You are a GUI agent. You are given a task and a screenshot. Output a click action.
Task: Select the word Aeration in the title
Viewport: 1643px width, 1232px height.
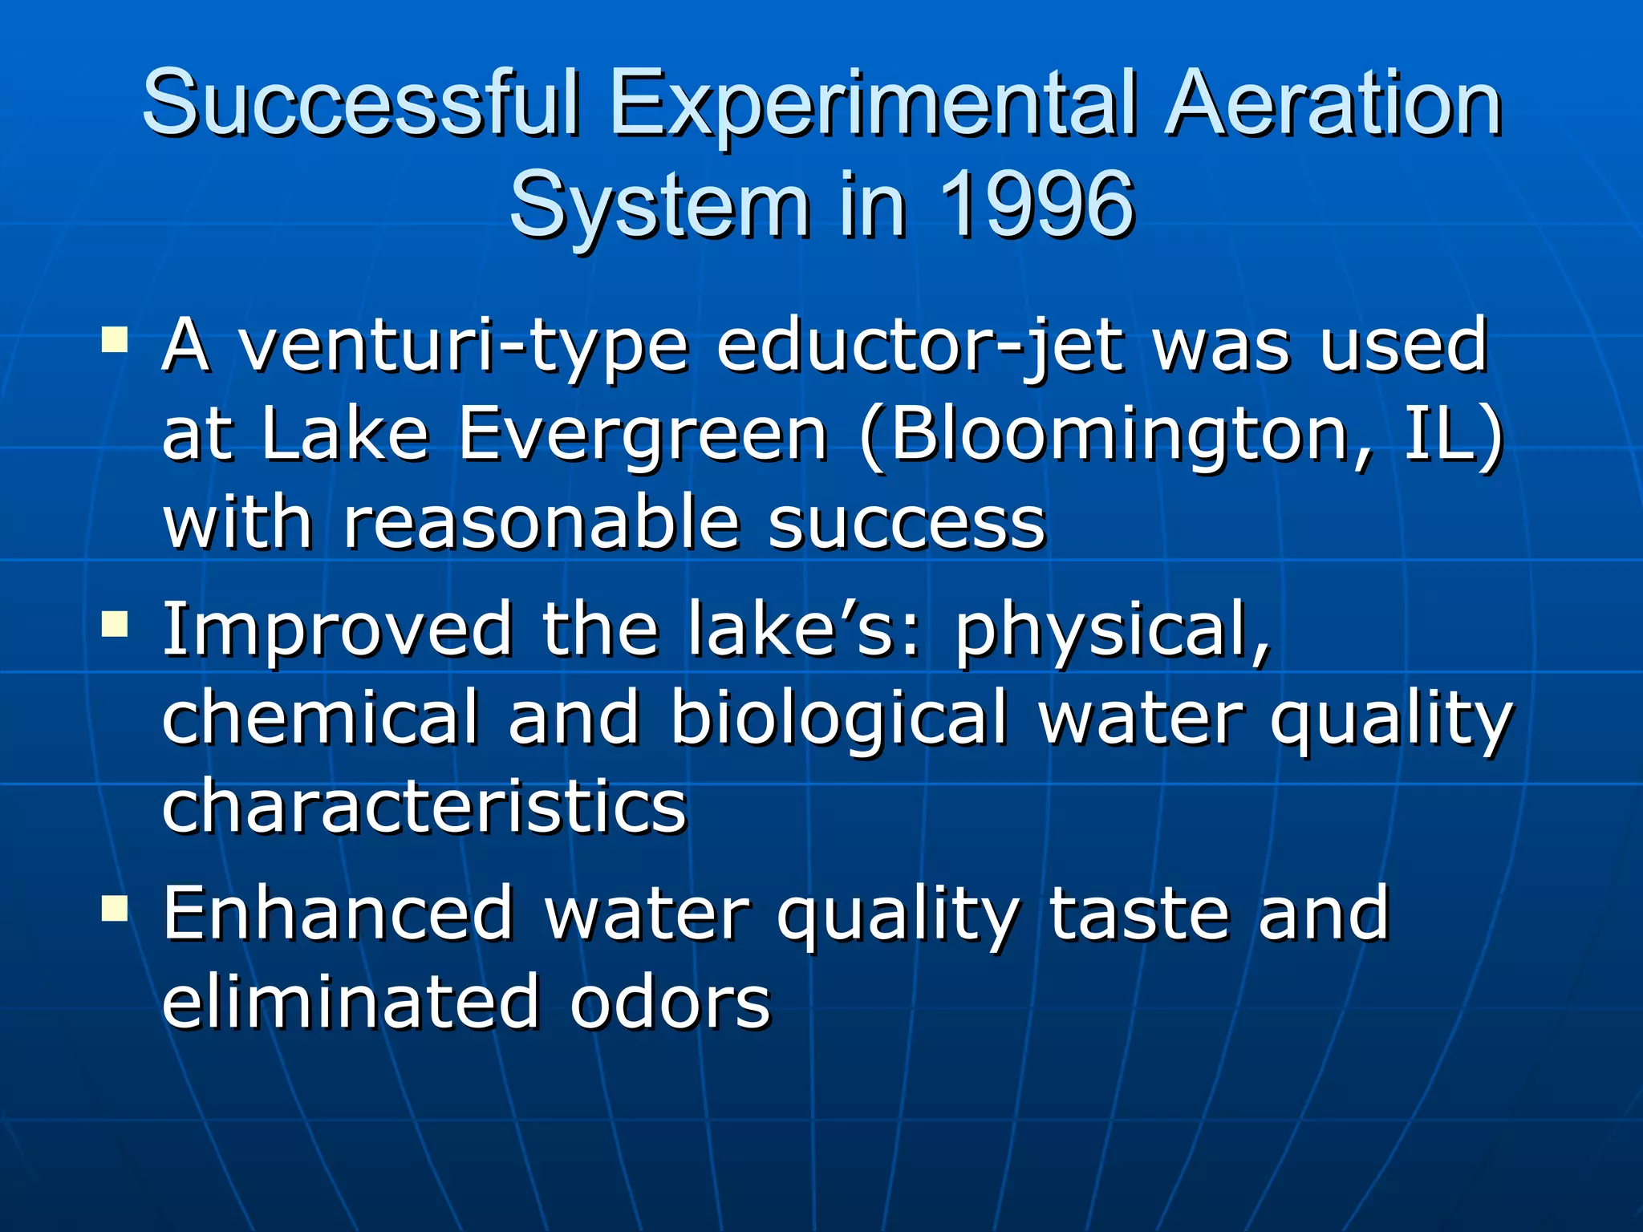point(1333,104)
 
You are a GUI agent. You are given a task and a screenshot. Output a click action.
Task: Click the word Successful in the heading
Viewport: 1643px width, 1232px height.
point(361,104)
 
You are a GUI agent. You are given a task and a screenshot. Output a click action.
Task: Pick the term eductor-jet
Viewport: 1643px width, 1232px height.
point(919,346)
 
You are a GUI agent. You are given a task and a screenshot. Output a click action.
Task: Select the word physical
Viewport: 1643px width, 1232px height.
point(1114,630)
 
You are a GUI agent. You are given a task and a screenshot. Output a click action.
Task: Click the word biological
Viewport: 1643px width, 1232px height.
point(838,718)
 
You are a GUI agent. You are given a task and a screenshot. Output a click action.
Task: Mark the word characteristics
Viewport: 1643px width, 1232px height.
point(425,805)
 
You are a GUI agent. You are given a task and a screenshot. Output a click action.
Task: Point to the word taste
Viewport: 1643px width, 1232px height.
point(1139,914)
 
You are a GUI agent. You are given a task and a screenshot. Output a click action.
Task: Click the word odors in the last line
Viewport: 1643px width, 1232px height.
point(670,1003)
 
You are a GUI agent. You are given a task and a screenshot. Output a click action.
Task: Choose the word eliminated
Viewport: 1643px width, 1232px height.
point(351,1003)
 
